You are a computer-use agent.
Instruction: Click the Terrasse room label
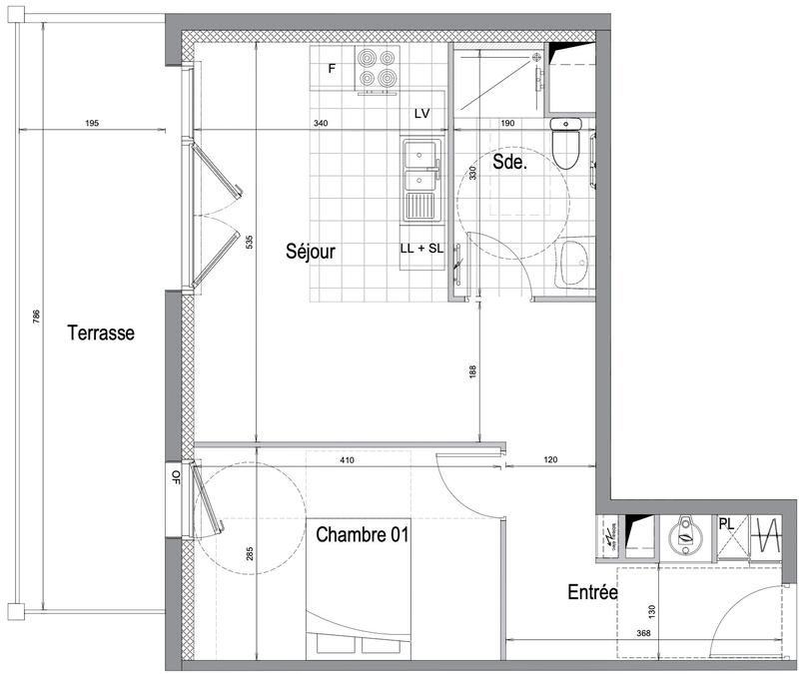pyautogui.click(x=101, y=334)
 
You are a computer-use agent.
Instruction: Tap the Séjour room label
pyautogui.click(x=310, y=252)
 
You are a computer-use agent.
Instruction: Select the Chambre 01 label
pyautogui.click(x=364, y=535)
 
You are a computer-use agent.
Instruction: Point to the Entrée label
pyautogui.click(x=592, y=592)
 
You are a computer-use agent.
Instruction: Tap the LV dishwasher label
pyautogui.click(x=421, y=114)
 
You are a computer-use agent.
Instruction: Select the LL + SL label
pyautogui.click(x=421, y=248)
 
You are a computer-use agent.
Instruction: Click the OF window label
pyautogui.click(x=177, y=475)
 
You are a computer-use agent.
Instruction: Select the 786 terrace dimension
pyautogui.click(x=37, y=317)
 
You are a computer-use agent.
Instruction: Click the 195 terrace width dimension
pyautogui.click(x=91, y=124)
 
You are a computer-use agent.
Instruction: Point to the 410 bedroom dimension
pyautogui.click(x=347, y=460)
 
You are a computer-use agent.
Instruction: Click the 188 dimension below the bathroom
pyautogui.click(x=473, y=370)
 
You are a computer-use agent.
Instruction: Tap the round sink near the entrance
pyautogui.click(x=685, y=533)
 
